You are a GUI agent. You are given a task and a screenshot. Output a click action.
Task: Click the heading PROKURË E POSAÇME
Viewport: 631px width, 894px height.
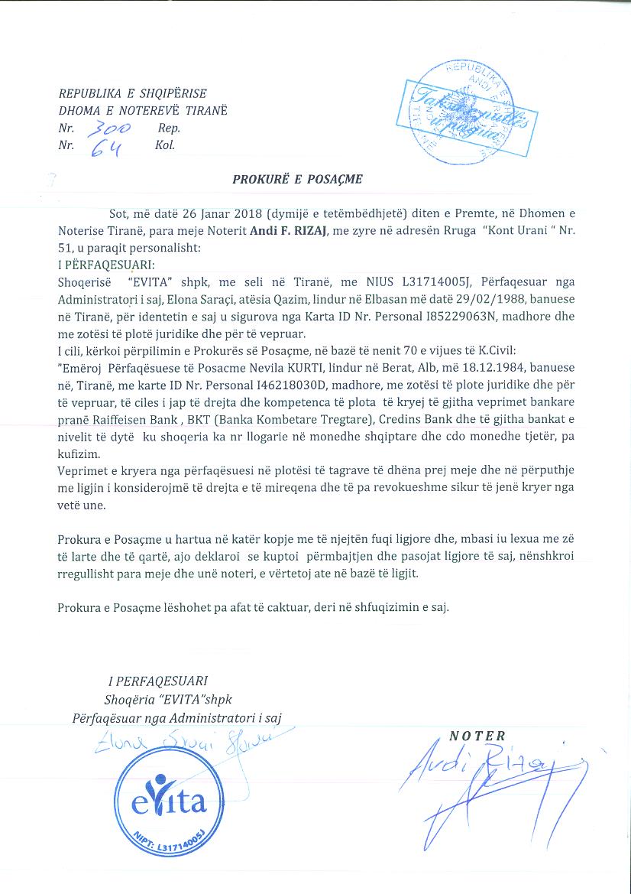(x=297, y=180)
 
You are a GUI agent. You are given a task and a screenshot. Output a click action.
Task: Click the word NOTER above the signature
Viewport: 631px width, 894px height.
(x=477, y=736)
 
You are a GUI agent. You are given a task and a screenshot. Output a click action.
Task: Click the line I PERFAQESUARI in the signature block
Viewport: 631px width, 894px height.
(x=158, y=680)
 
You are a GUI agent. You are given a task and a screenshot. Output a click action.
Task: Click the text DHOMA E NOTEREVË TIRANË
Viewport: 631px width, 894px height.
(x=143, y=111)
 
